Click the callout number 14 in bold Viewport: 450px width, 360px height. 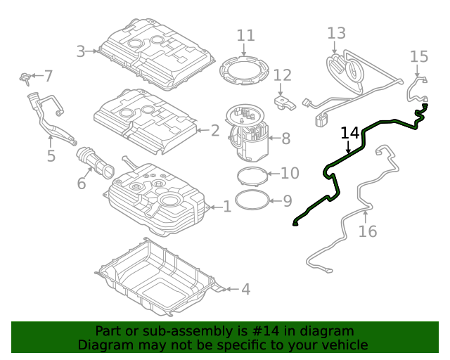pyautogui.click(x=350, y=133)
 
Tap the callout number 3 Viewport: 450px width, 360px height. pyautogui.click(x=81, y=51)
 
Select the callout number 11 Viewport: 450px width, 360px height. pyautogui.click(x=245, y=35)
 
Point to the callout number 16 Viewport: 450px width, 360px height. pyautogui.click(x=368, y=231)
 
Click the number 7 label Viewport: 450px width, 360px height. pyautogui.click(x=48, y=75)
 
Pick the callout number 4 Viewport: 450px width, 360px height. pyautogui.click(x=245, y=289)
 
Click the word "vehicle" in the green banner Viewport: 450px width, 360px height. pyautogui.click(x=340, y=345)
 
